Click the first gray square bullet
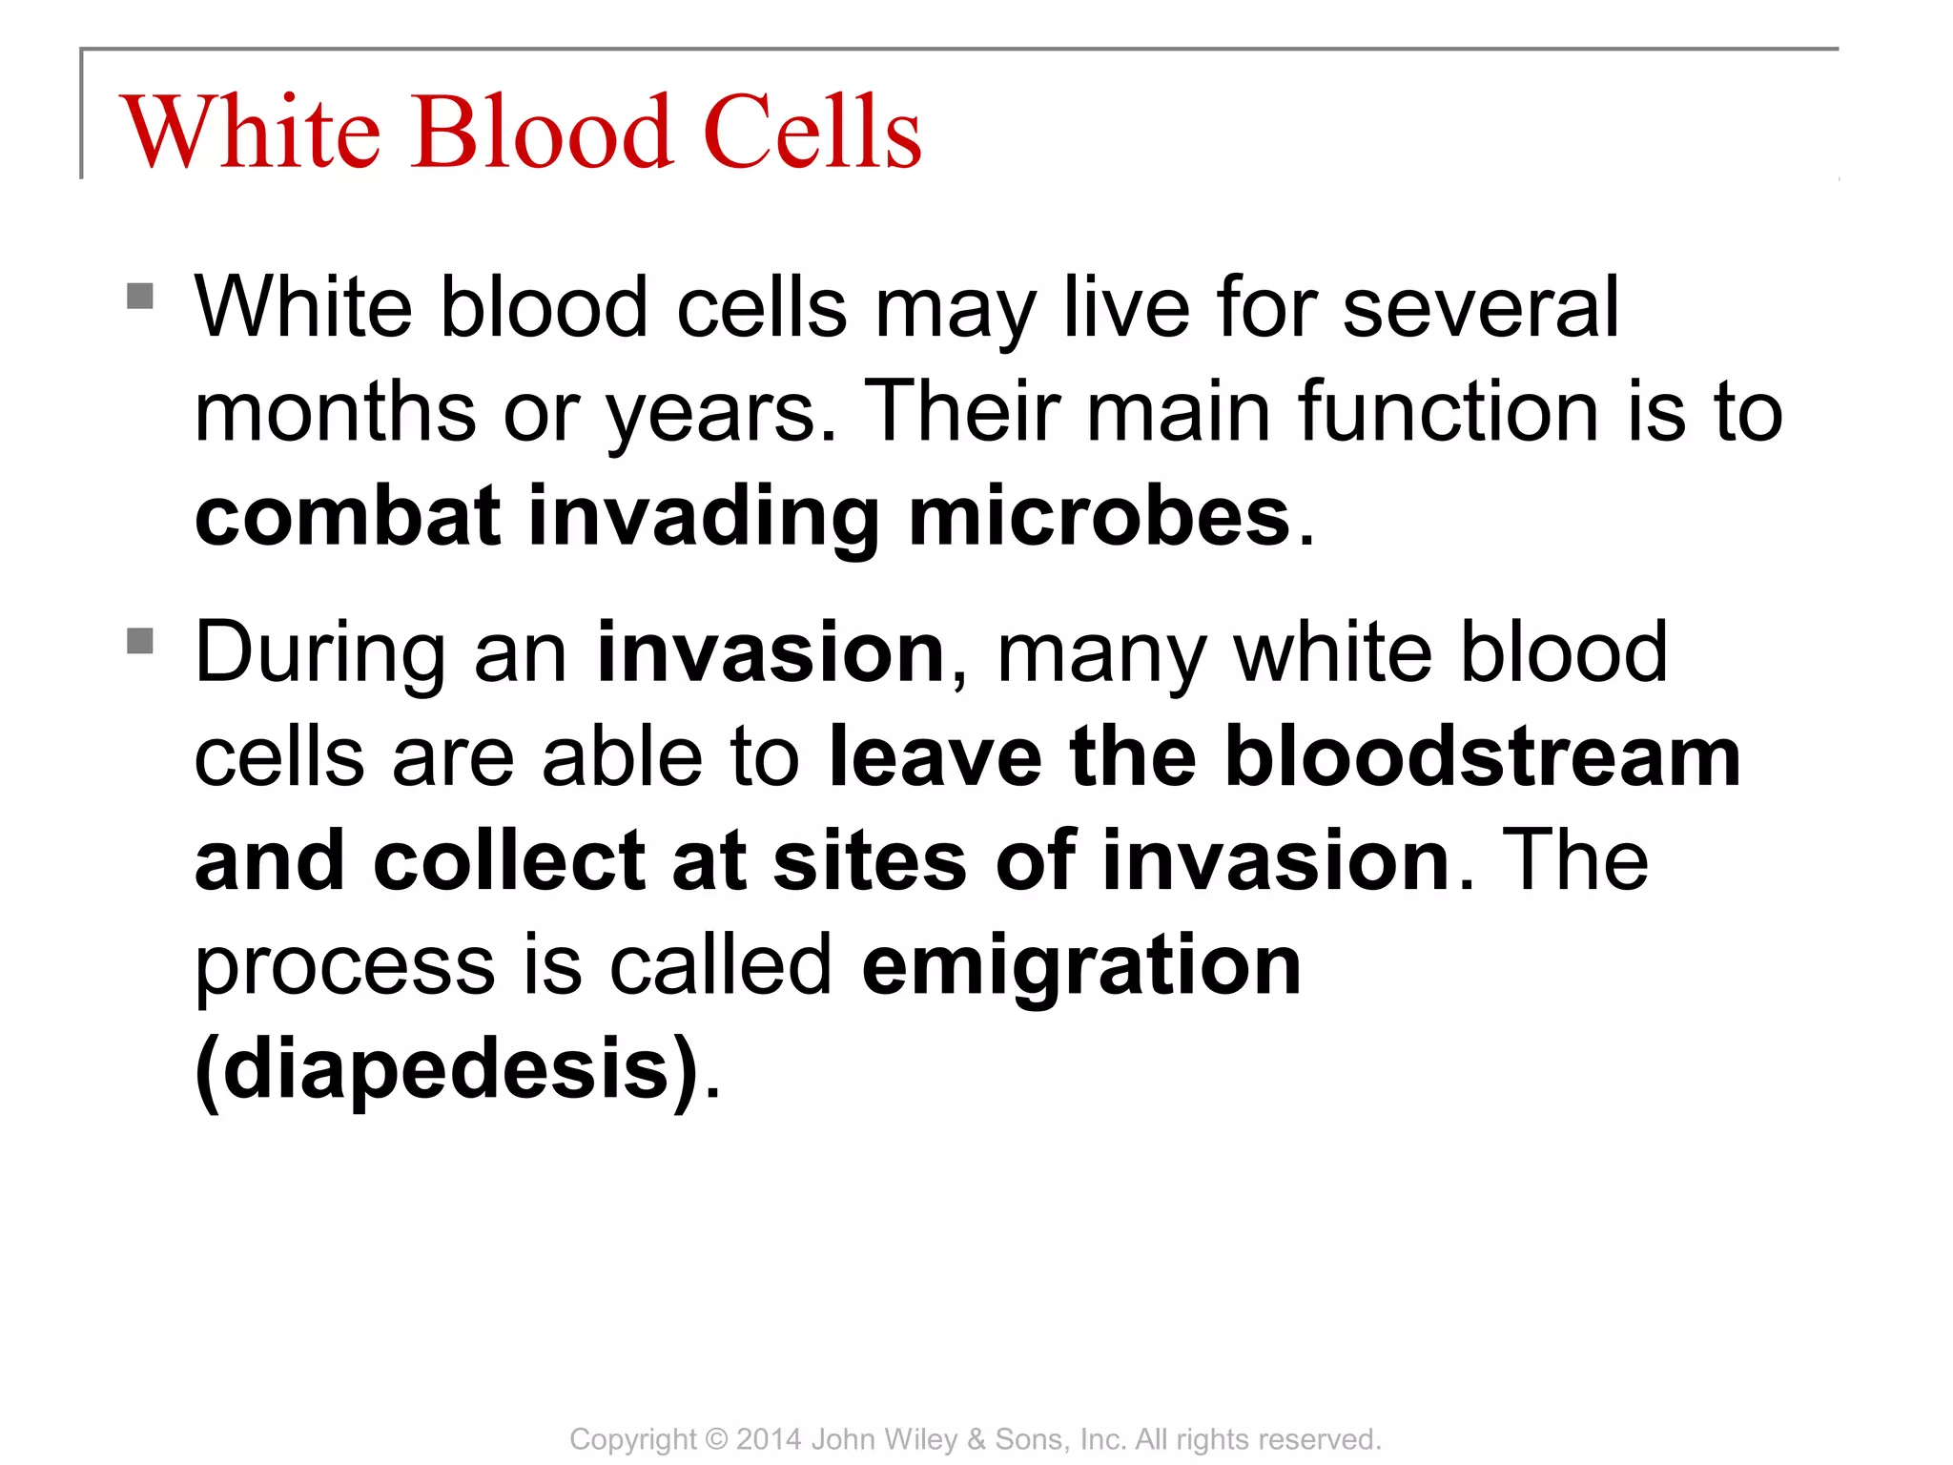point(140,296)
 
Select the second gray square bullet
point(140,640)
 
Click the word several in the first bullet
point(1480,308)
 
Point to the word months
point(335,412)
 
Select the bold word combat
point(347,516)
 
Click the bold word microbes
point(1099,516)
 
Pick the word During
point(319,654)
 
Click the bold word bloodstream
point(1483,757)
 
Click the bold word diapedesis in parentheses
point(448,1070)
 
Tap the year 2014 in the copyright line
point(769,1439)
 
